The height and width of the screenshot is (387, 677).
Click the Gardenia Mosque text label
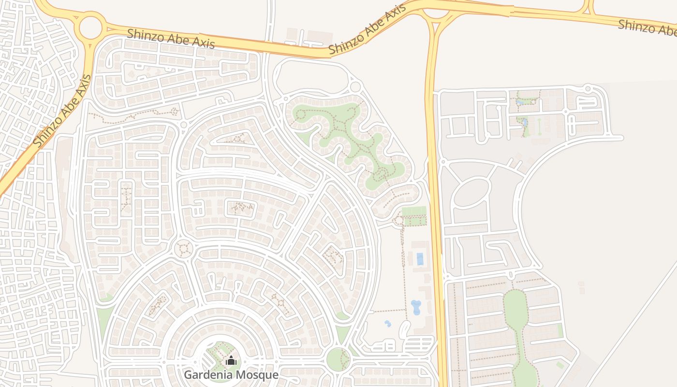coord(231,374)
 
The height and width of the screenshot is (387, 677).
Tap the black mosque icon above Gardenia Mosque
coord(231,361)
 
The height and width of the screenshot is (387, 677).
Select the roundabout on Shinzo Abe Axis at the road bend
coord(90,28)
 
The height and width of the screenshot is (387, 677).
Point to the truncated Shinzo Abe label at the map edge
coord(647,27)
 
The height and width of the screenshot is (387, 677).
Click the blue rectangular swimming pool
coord(420,259)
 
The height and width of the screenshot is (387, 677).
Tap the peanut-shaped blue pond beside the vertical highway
coord(416,307)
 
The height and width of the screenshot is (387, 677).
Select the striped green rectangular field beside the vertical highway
coord(414,211)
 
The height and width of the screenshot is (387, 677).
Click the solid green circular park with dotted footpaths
coord(338,358)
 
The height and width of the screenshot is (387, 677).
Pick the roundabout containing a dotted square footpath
coord(184,249)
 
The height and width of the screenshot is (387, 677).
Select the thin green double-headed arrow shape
coord(540,126)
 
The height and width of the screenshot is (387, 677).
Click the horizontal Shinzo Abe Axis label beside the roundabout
coord(171,38)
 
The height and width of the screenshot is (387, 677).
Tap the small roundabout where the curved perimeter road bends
coord(355,87)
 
